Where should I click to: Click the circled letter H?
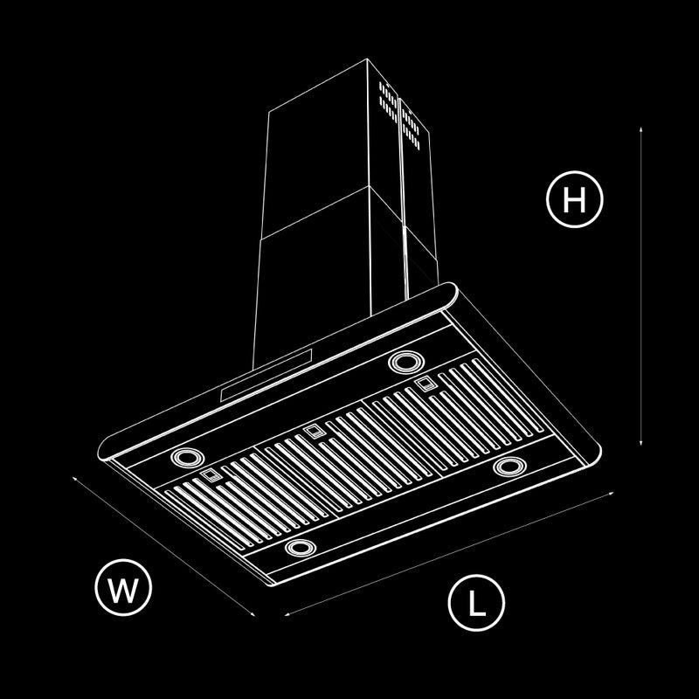(x=574, y=199)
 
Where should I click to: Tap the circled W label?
(x=123, y=587)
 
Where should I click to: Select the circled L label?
(x=476, y=603)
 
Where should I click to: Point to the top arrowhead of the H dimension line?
(x=640, y=129)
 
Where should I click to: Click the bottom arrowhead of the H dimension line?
(x=640, y=442)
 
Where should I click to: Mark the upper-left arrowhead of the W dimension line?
(x=75, y=479)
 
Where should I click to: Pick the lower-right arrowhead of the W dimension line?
(x=253, y=614)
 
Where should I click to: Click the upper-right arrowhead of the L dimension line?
(x=611, y=493)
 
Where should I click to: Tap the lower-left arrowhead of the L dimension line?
(x=287, y=614)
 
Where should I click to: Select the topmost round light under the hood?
(x=406, y=362)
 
